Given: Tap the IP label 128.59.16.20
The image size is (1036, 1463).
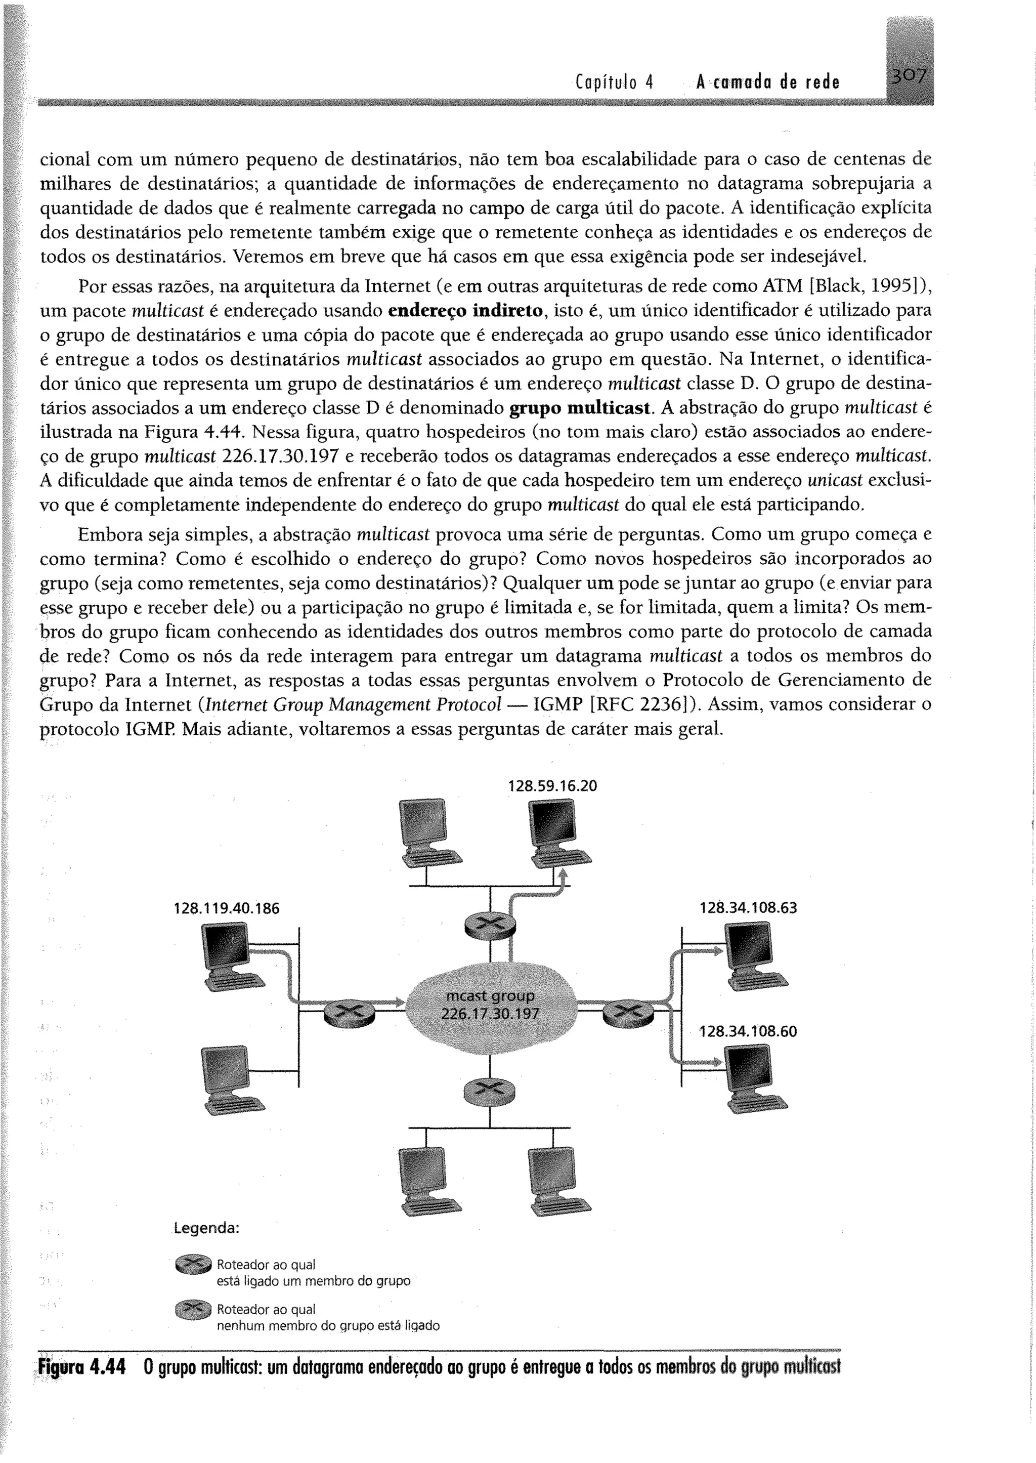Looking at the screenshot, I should [x=552, y=786].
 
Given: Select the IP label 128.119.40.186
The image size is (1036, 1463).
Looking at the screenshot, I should [x=227, y=908].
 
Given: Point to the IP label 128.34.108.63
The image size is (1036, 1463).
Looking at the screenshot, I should [x=748, y=907].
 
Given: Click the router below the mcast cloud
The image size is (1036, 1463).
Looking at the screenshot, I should [x=490, y=1091].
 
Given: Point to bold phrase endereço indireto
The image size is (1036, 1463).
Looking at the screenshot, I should [x=466, y=311].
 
